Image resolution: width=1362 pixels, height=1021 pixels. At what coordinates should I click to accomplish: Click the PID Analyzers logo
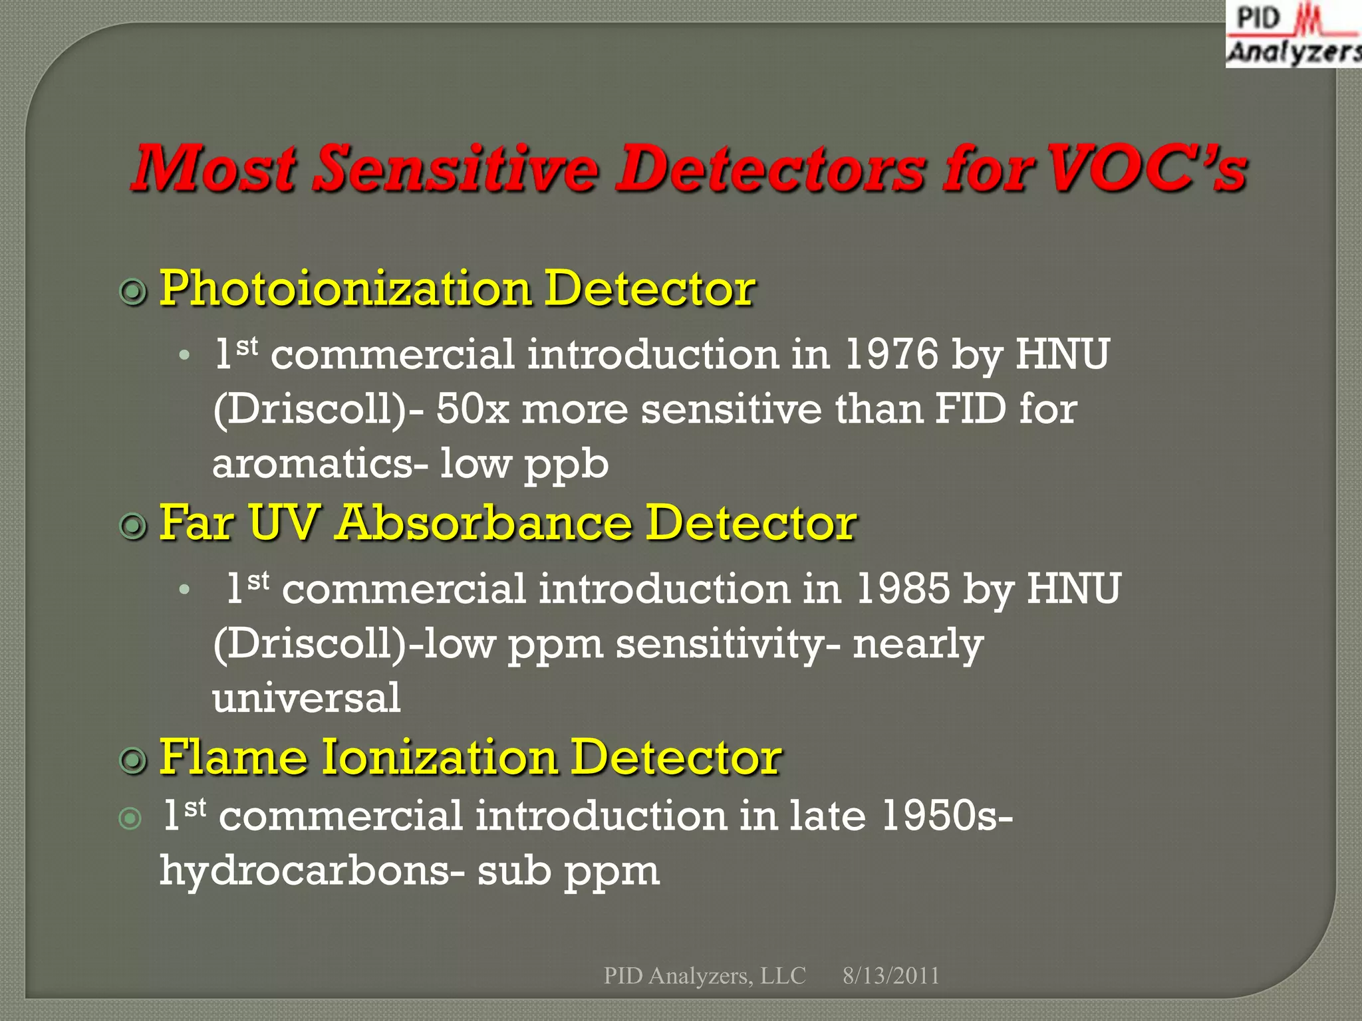coord(1294,35)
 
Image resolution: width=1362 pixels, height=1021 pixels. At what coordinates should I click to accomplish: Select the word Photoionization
coord(345,290)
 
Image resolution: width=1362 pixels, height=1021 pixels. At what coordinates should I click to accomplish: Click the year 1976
coord(890,354)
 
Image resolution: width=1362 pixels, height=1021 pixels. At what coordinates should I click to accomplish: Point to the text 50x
coord(472,409)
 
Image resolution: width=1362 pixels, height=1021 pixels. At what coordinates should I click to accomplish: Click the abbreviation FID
coord(970,408)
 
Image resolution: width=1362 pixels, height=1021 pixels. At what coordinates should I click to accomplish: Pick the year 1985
coord(902,588)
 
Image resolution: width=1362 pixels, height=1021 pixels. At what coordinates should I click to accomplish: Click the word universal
coord(307,698)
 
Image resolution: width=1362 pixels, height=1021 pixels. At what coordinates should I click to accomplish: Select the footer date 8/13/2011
coord(890,975)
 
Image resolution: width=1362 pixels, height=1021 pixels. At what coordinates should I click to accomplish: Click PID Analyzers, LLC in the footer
coord(704,975)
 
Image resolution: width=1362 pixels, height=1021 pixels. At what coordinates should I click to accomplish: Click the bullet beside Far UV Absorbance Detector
coord(133,526)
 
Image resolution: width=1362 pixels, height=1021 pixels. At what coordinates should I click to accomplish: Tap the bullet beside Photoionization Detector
coord(133,292)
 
